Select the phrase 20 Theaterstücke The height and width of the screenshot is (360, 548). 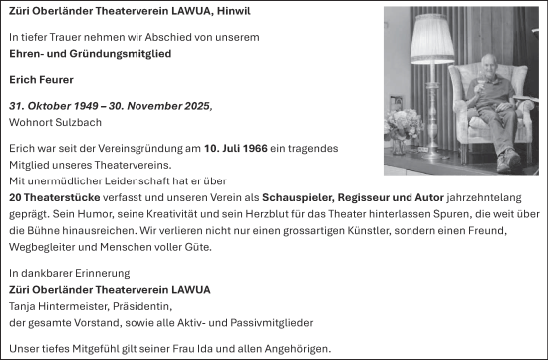click(x=49, y=196)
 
